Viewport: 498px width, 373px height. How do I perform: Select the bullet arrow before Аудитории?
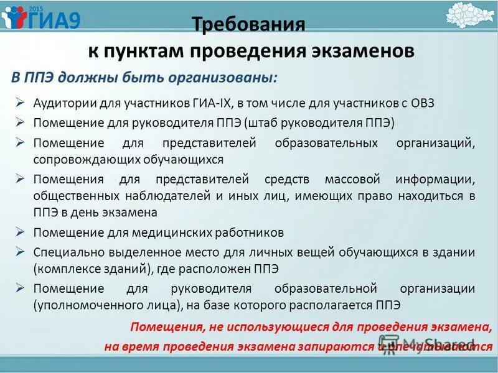pyautogui.click(x=21, y=102)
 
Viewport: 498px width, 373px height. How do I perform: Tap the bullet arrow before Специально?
pyautogui.click(x=21, y=252)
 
